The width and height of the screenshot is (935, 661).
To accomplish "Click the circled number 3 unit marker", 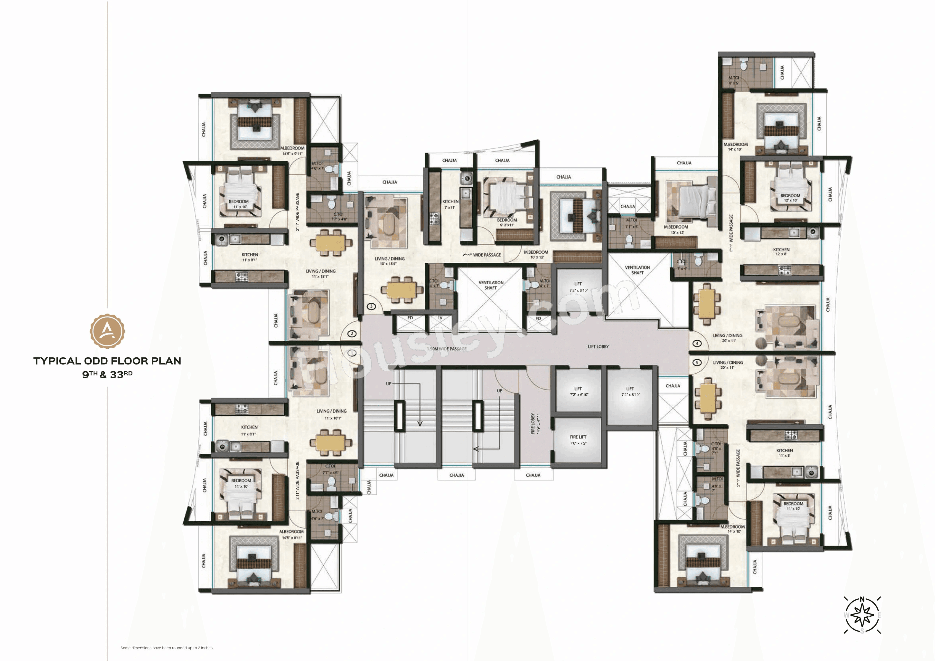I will pyautogui.click(x=371, y=306).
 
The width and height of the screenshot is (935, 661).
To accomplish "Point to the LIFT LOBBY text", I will pyautogui.click(x=598, y=346).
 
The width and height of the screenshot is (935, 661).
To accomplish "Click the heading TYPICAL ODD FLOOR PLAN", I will pyautogui.click(x=107, y=361).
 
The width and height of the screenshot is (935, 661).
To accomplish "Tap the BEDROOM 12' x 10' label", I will pyautogui.click(x=790, y=198).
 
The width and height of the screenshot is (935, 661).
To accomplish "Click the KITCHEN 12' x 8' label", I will pyautogui.click(x=781, y=251).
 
